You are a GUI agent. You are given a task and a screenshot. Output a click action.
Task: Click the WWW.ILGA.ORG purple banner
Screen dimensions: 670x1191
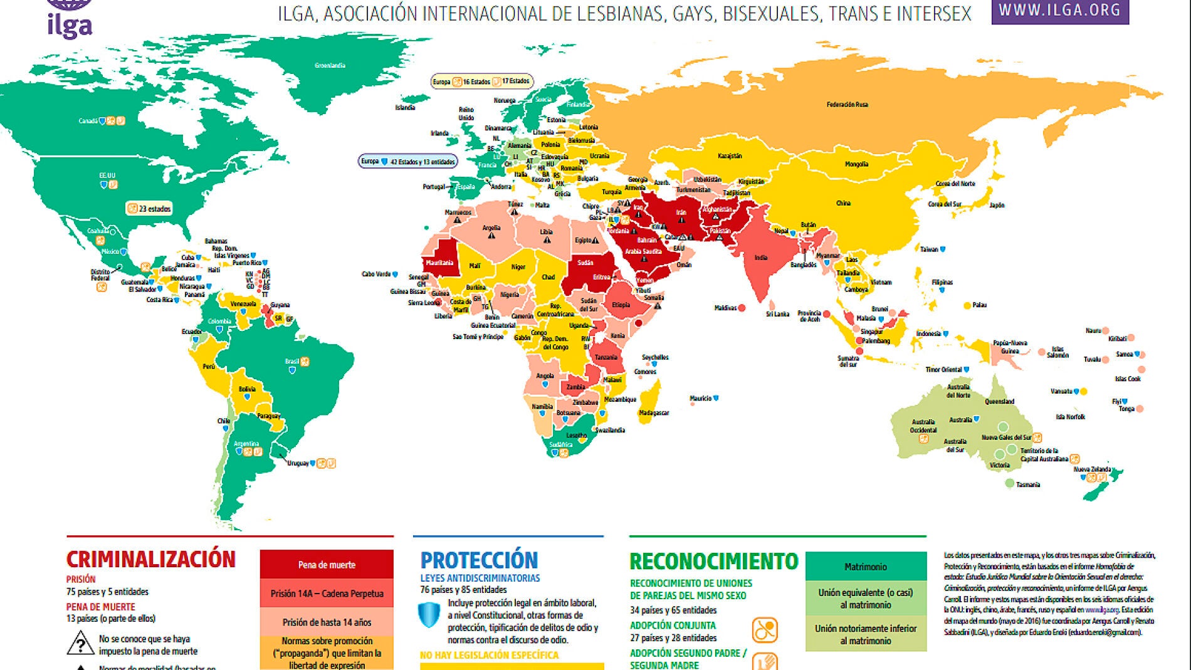[1059, 11]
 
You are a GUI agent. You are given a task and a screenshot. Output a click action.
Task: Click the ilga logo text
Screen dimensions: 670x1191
[70, 26]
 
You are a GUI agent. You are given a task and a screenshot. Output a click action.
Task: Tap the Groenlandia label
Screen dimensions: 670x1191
[330, 65]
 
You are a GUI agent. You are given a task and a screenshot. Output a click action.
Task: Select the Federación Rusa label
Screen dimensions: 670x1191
[847, 105]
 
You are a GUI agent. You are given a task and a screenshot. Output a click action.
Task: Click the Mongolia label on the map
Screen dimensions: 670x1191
[856, 164]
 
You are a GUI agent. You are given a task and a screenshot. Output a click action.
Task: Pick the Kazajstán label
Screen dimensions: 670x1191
[730, 156]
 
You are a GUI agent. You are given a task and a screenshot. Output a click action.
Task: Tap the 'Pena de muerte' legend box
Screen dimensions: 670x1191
[327, 565]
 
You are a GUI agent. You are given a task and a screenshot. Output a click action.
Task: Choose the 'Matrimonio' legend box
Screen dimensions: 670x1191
[865, 567]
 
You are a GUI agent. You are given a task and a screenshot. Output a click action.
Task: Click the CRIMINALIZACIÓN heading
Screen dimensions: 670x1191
[150, 559]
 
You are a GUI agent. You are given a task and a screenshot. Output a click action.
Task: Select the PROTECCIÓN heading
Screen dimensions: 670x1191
[479, 560]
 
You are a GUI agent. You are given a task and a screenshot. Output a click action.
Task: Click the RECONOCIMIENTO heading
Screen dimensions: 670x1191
[713, 561]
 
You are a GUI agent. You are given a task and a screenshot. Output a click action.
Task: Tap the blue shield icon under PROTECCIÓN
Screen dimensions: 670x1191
[429, 615]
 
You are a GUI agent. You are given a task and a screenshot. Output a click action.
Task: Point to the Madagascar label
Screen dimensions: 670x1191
[654, 412]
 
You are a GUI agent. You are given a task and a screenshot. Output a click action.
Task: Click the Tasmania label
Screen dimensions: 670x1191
[1027, 484]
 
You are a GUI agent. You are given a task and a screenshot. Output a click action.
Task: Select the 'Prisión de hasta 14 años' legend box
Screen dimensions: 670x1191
[327, 622]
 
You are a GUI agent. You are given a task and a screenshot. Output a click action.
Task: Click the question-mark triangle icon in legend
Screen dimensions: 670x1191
[80, 644]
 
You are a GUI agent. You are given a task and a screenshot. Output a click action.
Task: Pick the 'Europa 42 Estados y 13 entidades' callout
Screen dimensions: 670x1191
[408, 162]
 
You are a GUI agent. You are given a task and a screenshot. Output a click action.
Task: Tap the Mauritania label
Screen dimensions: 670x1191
[439, 263]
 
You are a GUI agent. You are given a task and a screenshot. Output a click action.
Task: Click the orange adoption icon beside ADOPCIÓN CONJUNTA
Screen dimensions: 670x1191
[765, 630]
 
